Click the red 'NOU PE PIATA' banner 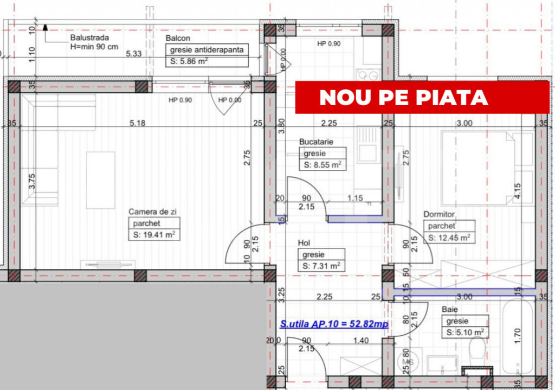(x=422, y=97)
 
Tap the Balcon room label (x=178, y=38)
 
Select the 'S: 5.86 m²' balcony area (x=189, y=61)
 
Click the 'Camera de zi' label (x=152, y=212)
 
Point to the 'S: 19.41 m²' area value (x=154, y=234)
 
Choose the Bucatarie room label (x=316, y=142)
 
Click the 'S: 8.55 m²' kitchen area (x=322, y=165)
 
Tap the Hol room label (x=304, y=242)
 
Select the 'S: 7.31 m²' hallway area (x=321, y=266)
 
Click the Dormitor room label (x=439, y=214)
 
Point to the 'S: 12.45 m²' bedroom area (x=449, y=238)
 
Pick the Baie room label (x=449, y=309)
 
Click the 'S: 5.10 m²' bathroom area (x=465, y=333)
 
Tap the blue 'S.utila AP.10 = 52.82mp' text (x=334, y=324)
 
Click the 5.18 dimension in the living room (x=137, y=123)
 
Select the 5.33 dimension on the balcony (x=134, y=54)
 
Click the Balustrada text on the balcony (x=89, y=37)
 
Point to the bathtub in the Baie (x=517, y=335)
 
